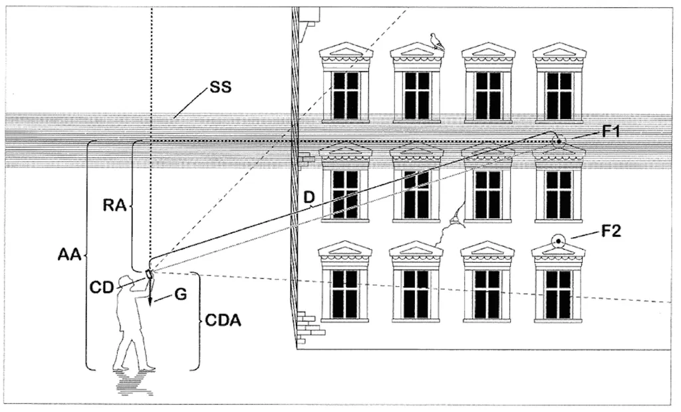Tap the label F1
coord(612,131)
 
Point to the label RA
coord(114,206)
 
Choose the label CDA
coord(223,321)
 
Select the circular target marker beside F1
coord(557,141)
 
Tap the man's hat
coord(124,280)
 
